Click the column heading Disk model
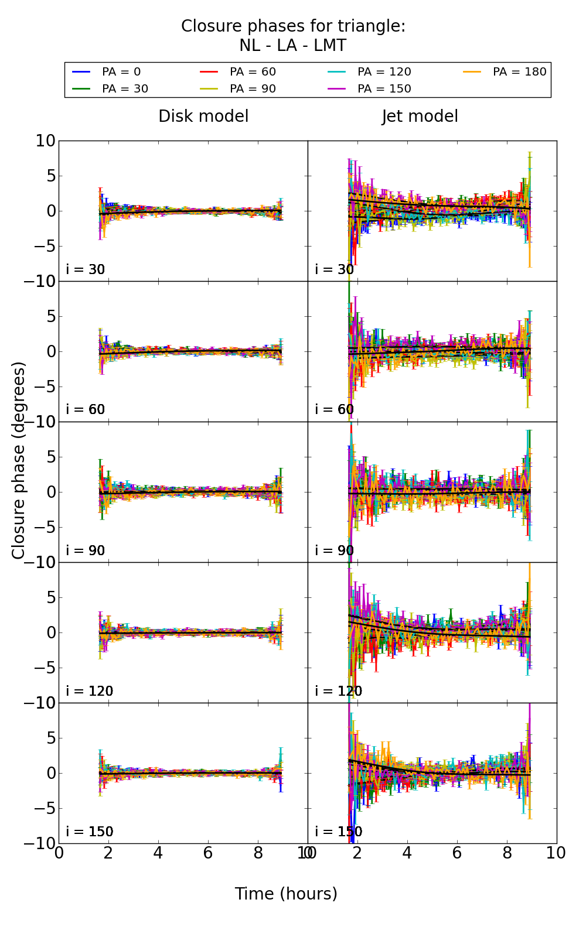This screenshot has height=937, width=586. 203,117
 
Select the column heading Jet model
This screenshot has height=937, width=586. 420,117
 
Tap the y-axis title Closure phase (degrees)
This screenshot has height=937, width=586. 19,460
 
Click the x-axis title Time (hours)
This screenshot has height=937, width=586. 286,894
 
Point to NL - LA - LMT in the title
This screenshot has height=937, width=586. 292,46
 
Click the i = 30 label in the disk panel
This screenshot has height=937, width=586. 86,269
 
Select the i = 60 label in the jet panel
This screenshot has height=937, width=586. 335,409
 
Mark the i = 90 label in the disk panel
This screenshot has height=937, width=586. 86,550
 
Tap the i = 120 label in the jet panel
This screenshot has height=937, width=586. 338,691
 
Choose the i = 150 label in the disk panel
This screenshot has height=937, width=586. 89,832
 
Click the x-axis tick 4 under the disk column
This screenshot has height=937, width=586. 158,853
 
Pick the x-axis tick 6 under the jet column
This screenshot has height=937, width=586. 457,853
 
